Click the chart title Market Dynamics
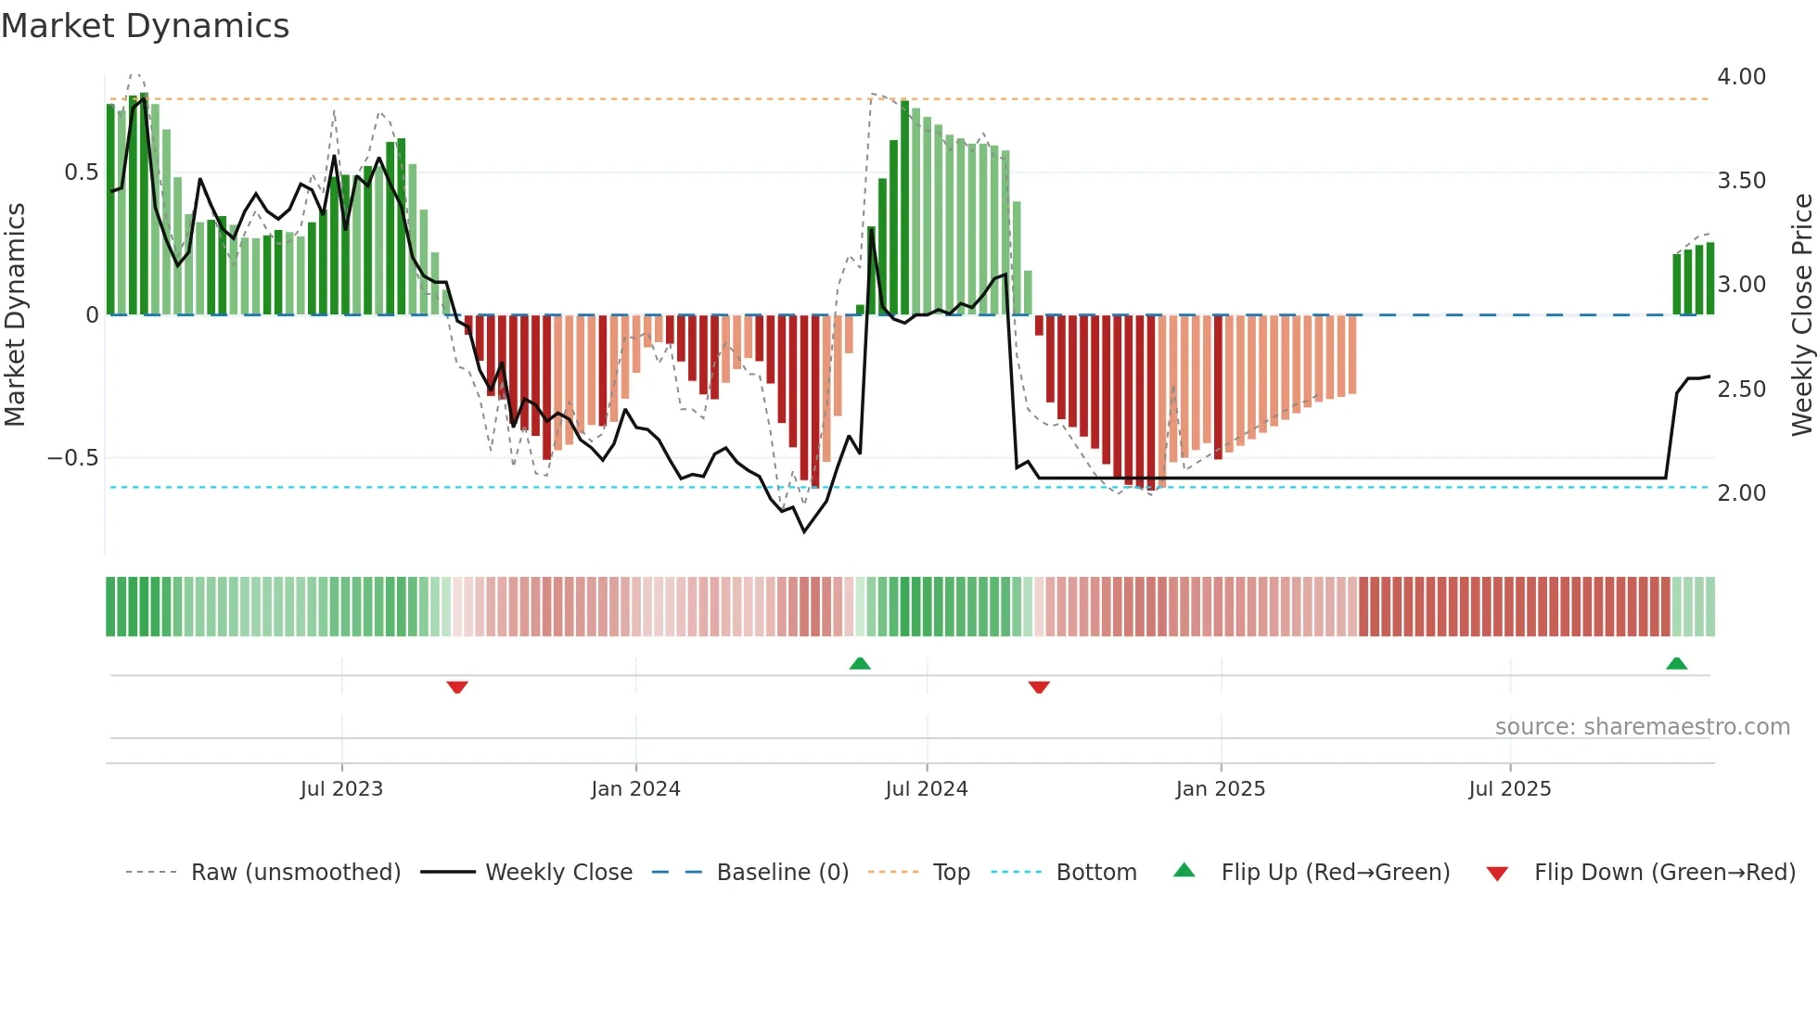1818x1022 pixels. [x=145, y=26]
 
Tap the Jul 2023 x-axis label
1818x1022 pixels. [x=341, y=789]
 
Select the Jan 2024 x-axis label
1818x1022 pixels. [x=635, y=789]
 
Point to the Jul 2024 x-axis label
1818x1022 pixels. [x=926, y=789]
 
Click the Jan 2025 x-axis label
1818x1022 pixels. [x=1220, y=789]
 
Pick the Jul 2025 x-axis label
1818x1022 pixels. [x=1509, y=789]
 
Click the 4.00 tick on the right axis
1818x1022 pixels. [x=1741, y=77]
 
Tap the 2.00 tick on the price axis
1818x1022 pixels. [x=1741, y=493]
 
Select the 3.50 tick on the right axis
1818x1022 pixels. [x=1741, y=181]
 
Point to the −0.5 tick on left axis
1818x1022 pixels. [x=72, y=458]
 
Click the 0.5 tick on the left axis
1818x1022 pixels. [x=81, y=172]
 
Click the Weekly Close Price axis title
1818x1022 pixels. [x=1801, y=314]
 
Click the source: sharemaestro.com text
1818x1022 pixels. [x=1642, y=727]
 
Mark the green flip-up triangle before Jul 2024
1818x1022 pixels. [x=860, y=663]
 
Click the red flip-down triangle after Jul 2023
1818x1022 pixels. [x=457, y=687]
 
